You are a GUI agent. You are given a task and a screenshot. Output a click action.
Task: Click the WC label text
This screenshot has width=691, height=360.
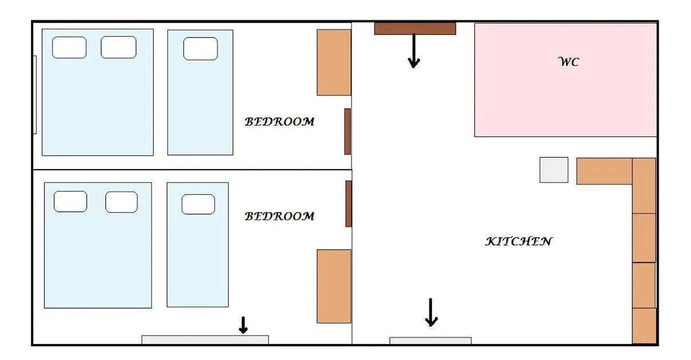568,62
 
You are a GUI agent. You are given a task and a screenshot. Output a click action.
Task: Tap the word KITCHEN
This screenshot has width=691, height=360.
519,241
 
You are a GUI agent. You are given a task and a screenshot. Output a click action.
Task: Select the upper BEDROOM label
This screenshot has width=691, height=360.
280,122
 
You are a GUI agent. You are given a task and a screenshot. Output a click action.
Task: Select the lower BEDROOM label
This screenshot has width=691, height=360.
280,216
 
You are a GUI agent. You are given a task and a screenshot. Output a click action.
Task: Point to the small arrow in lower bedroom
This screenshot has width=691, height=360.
243,325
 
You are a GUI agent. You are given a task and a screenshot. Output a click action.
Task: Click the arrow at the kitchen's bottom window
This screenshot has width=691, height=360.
431,312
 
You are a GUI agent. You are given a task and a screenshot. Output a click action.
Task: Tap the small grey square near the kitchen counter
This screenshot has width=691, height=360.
553,170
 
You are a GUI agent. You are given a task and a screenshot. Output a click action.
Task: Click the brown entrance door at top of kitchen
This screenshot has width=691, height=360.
415,28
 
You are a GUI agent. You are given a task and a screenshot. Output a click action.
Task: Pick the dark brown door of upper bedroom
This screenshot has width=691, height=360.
347,131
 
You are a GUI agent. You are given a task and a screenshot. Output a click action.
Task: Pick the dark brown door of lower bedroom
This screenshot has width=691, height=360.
348,204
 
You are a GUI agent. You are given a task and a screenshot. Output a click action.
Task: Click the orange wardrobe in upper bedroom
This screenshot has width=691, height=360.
333,62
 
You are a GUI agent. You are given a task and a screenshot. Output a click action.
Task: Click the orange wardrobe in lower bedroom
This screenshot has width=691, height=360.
333,286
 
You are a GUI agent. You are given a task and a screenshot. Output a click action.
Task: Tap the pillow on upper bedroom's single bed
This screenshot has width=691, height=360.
200,49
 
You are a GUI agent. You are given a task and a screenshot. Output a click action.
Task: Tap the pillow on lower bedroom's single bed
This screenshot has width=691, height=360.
198,204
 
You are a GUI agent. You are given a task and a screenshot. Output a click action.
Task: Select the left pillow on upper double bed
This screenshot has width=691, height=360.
69,48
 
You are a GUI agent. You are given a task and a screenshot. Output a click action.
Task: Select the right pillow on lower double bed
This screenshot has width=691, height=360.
121,202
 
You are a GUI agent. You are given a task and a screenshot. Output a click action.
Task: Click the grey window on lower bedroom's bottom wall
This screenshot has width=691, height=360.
205,339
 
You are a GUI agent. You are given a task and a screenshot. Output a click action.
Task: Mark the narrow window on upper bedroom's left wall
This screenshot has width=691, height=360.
35,95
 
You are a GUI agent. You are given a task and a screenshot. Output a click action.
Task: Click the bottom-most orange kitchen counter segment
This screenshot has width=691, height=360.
644,326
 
